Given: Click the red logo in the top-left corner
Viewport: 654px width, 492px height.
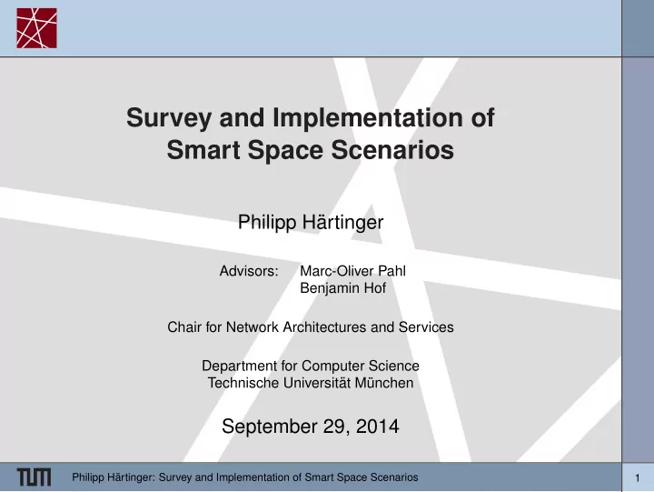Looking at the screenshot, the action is [x=36, y=28].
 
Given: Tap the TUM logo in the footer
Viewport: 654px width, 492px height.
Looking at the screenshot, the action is [x=35, y=477].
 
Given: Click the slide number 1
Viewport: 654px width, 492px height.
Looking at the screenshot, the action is [x=638, y=477].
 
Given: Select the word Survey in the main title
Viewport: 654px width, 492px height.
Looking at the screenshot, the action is [x=169, y=118].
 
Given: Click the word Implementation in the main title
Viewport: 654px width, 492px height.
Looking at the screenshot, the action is [x=368, y=117].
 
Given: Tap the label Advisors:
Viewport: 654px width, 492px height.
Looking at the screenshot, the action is [x=249, y=271].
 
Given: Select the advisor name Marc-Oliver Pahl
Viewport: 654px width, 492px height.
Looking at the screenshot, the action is [x=352, y=271].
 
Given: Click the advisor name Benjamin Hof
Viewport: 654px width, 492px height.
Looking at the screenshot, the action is [x=342, y=288].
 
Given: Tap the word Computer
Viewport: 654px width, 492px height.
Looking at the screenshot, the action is [x=333, y=366].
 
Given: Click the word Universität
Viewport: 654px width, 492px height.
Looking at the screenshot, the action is [x=317, y=383].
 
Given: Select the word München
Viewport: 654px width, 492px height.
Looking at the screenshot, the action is [x=384, y=383].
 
